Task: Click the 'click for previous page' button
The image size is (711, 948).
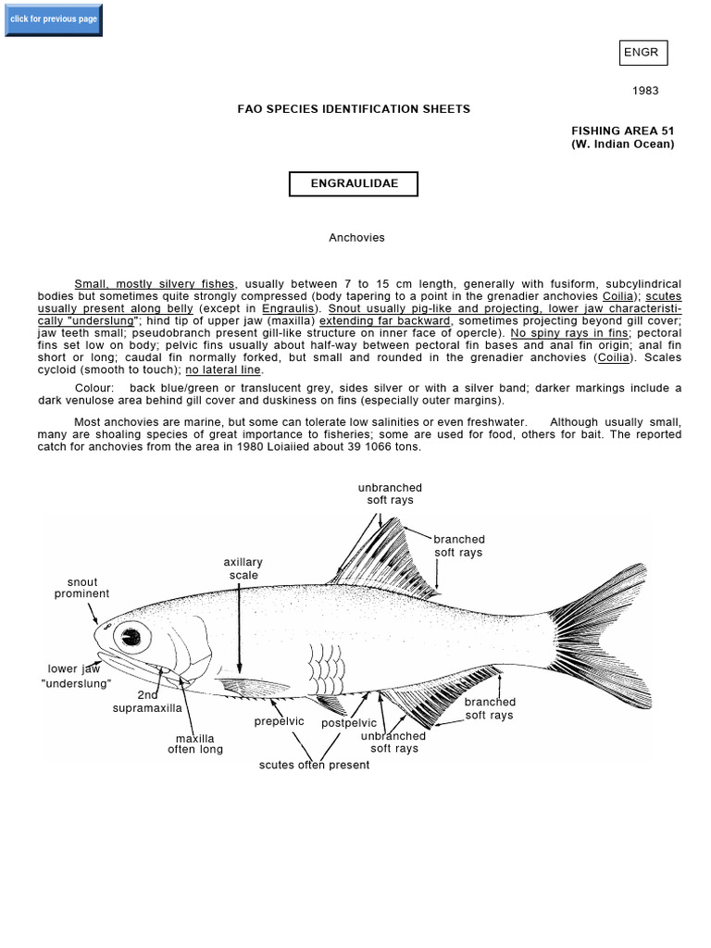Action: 53,19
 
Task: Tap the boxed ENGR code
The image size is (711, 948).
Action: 642,53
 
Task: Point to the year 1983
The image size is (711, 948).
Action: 645,91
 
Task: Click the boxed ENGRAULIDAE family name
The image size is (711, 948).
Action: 354,183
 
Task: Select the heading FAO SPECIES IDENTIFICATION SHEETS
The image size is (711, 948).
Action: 354,109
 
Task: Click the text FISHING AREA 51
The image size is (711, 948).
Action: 622,131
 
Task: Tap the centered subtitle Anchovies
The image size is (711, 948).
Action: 356,238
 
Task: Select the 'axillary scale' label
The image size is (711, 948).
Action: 243,568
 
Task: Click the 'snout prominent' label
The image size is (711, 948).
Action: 81,588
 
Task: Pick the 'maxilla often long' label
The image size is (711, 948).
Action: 195,744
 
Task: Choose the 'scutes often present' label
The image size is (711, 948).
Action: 314,765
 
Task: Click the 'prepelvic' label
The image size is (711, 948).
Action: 279,721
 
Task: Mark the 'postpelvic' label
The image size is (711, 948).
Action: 349,723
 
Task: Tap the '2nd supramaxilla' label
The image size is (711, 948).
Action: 148,702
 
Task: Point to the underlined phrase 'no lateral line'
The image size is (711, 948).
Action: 224,369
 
